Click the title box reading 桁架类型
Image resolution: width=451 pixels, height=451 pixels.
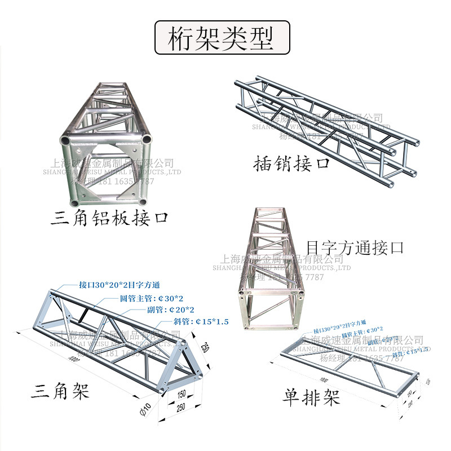tap(222, 38)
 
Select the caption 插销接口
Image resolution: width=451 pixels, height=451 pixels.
tap(291, 163)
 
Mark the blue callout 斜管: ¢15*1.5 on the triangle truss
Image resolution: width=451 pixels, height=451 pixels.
tap(196, 321)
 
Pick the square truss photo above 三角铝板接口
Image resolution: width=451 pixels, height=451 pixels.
tap(107, 147)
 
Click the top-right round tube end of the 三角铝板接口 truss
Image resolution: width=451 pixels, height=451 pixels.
tap(147, 139)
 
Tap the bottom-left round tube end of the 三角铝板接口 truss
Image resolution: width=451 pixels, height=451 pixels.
tap(75, 202)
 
